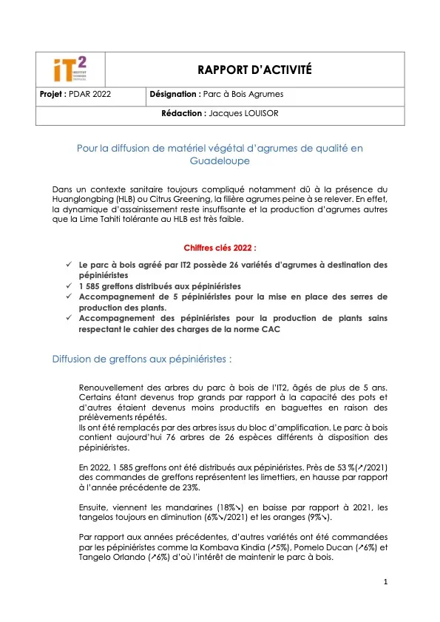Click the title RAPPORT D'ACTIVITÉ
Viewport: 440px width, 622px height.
coord(254,70)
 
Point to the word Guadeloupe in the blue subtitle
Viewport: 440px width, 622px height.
coord(220,160)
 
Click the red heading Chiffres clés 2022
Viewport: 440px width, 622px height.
coord(220,249)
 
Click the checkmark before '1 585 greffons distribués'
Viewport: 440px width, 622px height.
coord(69,285)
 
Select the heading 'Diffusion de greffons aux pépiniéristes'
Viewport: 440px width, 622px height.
coord(142,359)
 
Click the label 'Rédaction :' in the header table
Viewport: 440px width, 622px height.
coord(183,114)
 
